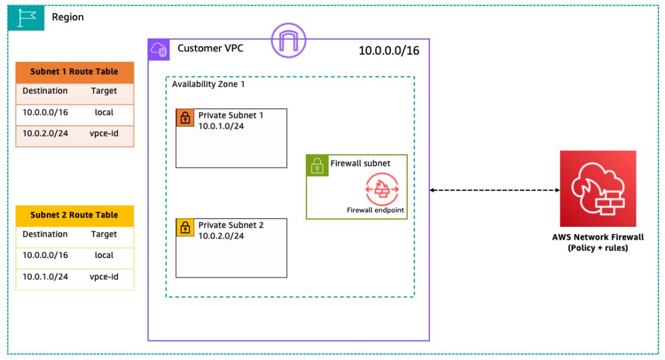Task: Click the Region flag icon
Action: (27, 18)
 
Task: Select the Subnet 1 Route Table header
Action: (75, 72)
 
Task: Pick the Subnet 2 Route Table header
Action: (75, 215)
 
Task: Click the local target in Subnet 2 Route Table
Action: (104, 255)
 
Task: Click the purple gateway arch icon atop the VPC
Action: (288, 40)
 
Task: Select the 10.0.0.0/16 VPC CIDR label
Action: (389, 51)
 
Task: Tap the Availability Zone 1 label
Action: (208, 84)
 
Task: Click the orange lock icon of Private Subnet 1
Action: (185, 118)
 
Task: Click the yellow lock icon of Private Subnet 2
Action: (185, 227)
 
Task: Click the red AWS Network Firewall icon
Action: (598, 188)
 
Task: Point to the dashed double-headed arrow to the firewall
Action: (495, 190)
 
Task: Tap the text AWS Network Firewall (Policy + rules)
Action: (597, 242)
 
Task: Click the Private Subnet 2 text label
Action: (231, 225)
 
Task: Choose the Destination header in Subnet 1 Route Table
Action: (45, 91)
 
